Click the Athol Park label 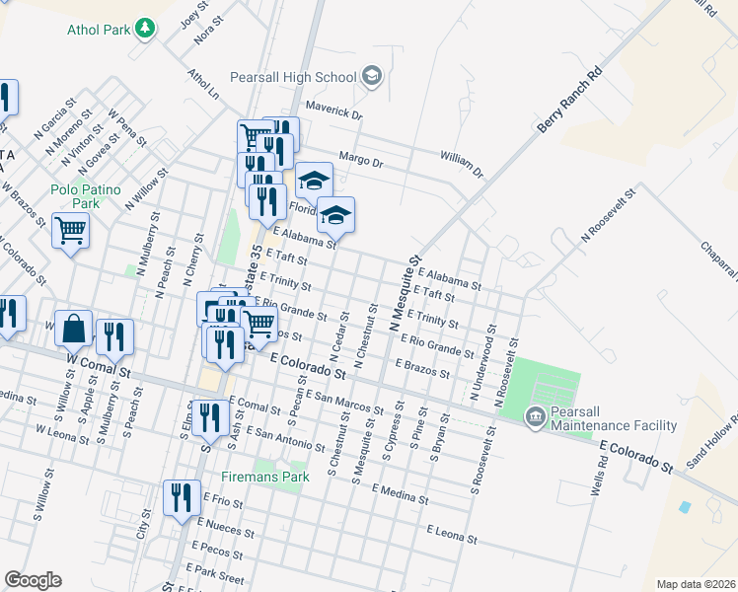99,30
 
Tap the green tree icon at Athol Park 146,28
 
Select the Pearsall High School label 292,77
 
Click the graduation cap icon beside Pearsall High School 372,76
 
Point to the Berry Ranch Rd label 569,101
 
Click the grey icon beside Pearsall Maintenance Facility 536,417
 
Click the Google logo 33,580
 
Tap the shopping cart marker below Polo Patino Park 71,233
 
